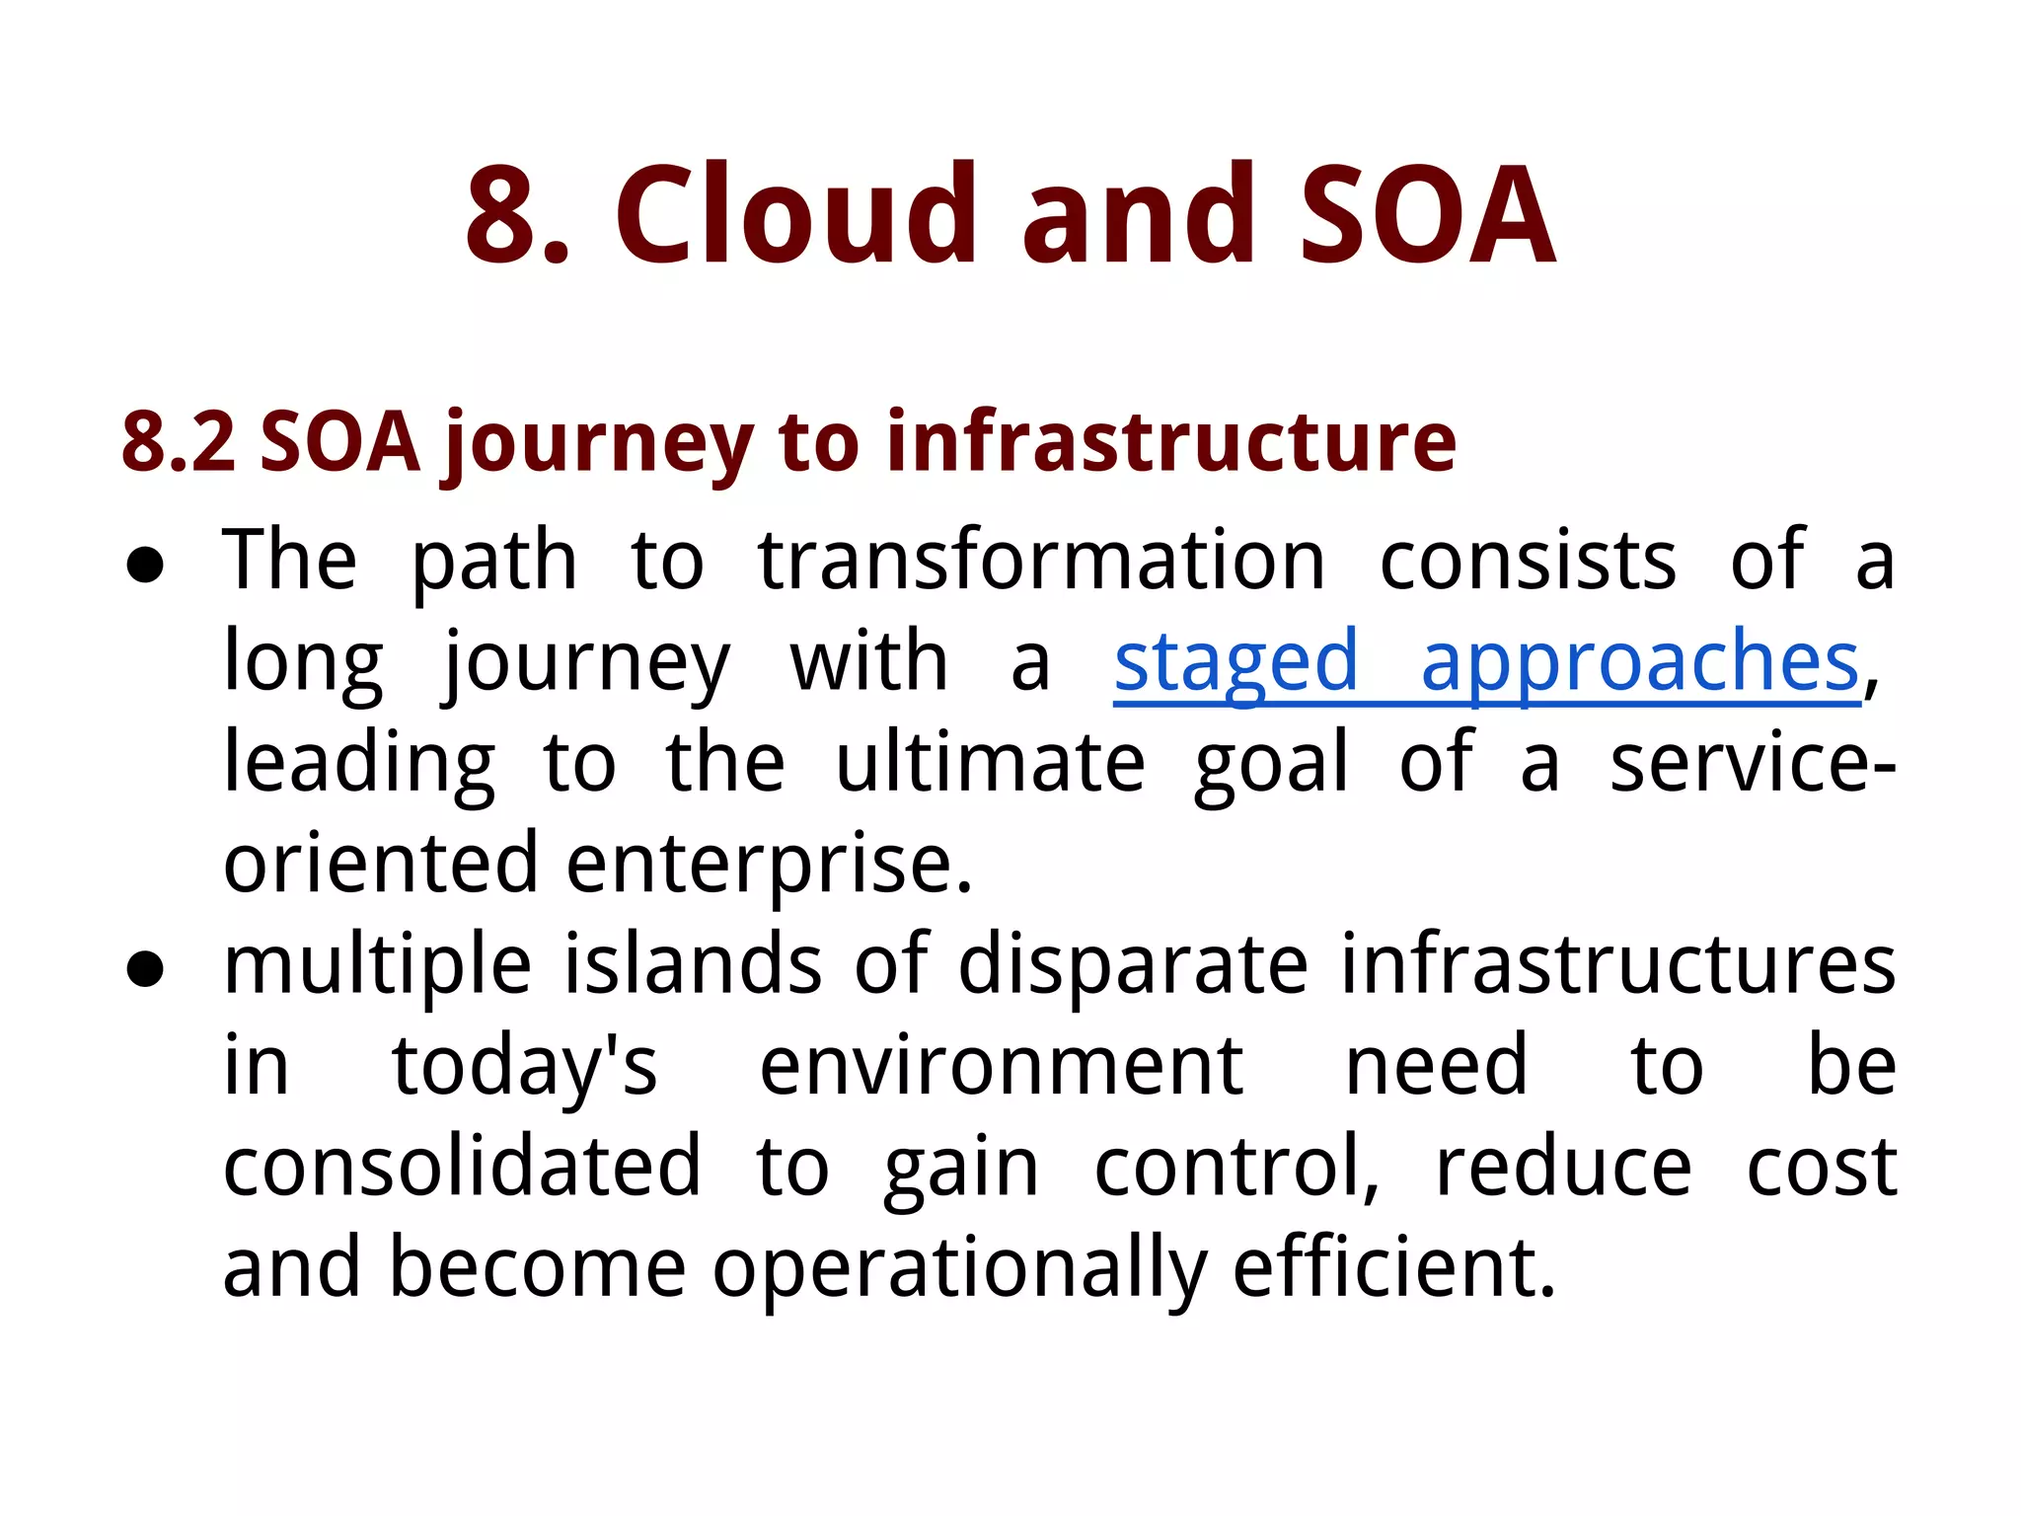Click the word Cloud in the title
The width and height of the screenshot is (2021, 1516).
click(x=795, y=215)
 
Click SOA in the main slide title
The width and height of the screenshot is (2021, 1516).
click(x=1427, y=215)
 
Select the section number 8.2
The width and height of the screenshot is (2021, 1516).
click(x=179, y=441)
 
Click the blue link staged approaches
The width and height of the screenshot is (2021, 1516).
click(x=1486, y=662)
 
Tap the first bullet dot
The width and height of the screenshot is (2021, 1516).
click(x=146, y=566)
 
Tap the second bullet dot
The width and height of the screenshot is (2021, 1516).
click(x=146, y=969)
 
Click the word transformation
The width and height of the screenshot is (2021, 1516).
click(x=1041, y=562)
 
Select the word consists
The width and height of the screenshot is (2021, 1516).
click(x=1527, y=562)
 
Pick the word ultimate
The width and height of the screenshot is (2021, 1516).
click(x=990, y=763)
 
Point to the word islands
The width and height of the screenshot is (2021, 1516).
click(x=692, y=965)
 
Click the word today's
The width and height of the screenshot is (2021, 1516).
click(x=524, y=1068)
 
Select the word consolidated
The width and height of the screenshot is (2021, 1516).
click(x=462, y=1168)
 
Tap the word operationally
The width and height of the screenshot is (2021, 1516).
click(x=959, y=1271)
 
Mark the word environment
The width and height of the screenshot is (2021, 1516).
click(x=1001, y=1068)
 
